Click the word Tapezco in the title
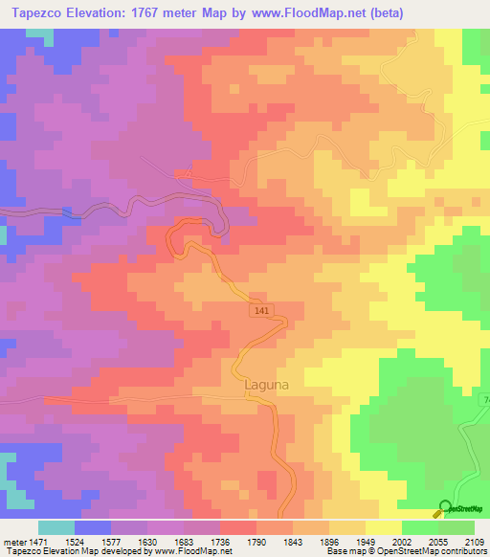coord(36,13)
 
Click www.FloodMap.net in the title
coord(293,13)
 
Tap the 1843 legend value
coord(348,541)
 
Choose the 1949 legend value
coord(399,541)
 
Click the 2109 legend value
coord(474,541)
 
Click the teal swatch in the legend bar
coord(56,527)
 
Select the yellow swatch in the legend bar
coord(384,527)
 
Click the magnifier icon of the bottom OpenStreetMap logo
coord(444,508)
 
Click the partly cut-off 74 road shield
coord(484,399)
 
